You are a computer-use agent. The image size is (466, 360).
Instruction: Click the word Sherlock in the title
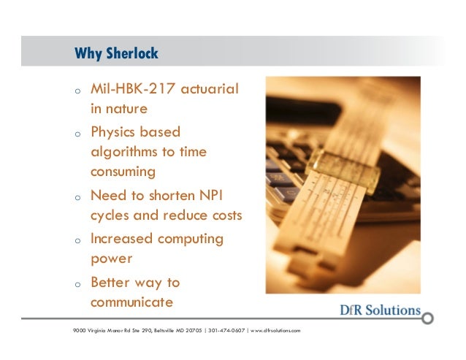(x=133, y=54)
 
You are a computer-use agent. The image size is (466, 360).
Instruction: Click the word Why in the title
(x=89, y=54)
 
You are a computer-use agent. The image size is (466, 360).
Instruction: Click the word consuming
(x=123, y=172)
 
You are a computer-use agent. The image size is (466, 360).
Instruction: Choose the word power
(x=110, y=259)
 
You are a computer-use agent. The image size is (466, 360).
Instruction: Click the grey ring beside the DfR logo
(x=429, y=318)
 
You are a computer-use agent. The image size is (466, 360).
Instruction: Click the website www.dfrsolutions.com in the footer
(x=275, y=331)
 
